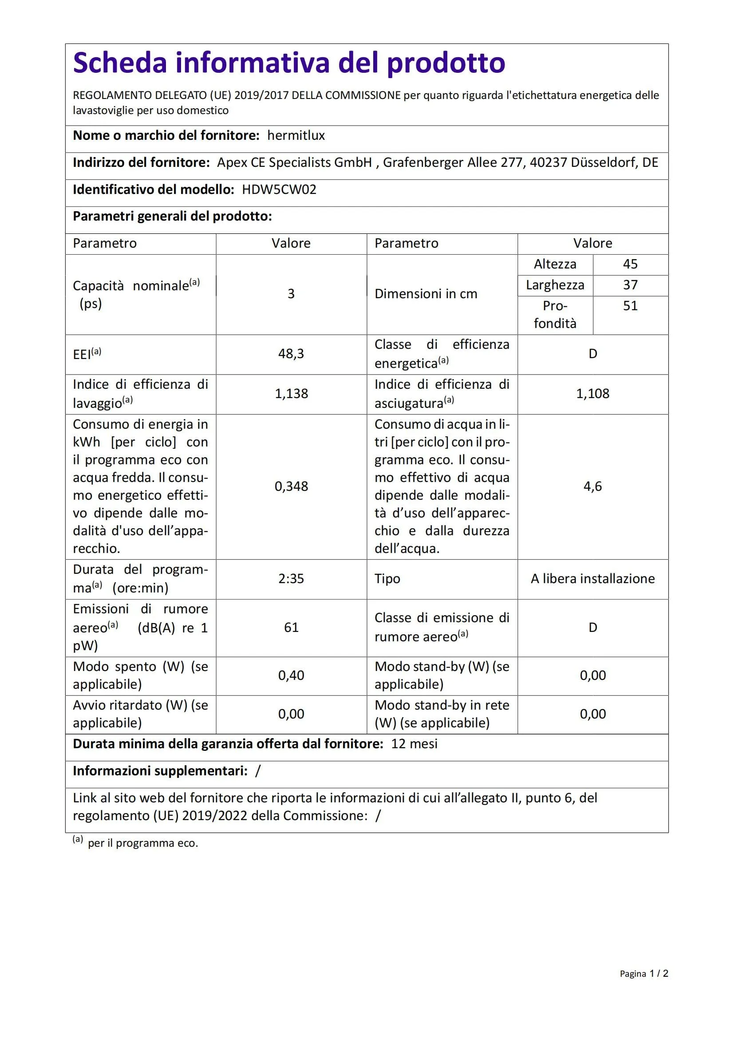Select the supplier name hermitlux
(x=296, y=136)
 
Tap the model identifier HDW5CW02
(x=279, y=189)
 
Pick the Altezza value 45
(x=630, y=264)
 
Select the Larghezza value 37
(x=630, y=285)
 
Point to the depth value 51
(x=630, y=306)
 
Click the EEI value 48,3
(x=291, y=354)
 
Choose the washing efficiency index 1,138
(x=291, y=393)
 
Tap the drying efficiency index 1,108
(x=592, y=393)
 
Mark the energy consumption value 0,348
(x=291, y=486)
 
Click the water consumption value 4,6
(x=592, y=486)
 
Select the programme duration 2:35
(x=291, y=579)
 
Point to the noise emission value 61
(x=291, y=628)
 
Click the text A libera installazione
(x=592, y=579)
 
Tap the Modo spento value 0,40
(x=291, y=675)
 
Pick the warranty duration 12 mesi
(x=414, y=744)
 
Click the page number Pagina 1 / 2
(x=643, y=973)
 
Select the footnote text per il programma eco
(x=143, y=843)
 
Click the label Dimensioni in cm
(x=426, y=294)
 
